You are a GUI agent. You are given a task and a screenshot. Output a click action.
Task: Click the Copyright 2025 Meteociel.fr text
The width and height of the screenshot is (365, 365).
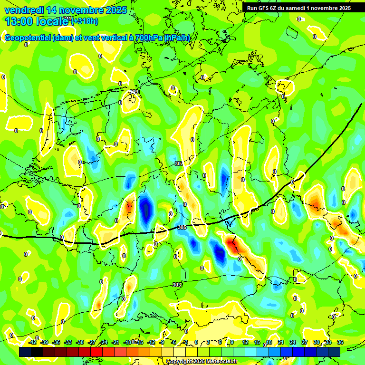coord(202,362)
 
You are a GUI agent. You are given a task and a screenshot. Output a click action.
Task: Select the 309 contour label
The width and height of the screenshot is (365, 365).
coord(134,92)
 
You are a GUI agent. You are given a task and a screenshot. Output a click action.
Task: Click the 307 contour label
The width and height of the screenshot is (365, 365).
coord(178,163)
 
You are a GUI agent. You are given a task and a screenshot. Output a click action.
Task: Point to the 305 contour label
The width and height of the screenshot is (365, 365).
coord(182,228)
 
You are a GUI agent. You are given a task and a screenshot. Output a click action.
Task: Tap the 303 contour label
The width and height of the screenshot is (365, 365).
coord(176,285)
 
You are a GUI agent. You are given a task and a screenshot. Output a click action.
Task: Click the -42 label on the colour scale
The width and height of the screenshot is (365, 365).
coord(32,342)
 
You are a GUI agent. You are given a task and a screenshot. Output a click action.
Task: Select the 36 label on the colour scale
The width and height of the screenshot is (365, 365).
coord(340,342)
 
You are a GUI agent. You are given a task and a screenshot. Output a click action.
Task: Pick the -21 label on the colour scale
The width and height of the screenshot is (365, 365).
coord(115,342)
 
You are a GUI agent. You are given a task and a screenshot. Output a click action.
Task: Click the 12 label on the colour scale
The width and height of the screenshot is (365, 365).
coord(245,342)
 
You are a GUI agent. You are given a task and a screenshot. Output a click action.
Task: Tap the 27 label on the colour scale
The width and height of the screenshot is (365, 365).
coord(305,342)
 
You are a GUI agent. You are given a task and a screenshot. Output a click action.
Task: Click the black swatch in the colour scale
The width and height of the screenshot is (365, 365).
coord(37,352)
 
